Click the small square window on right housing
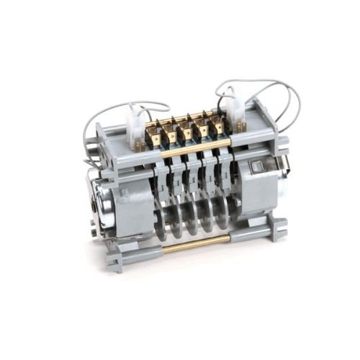pos(256,168)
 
